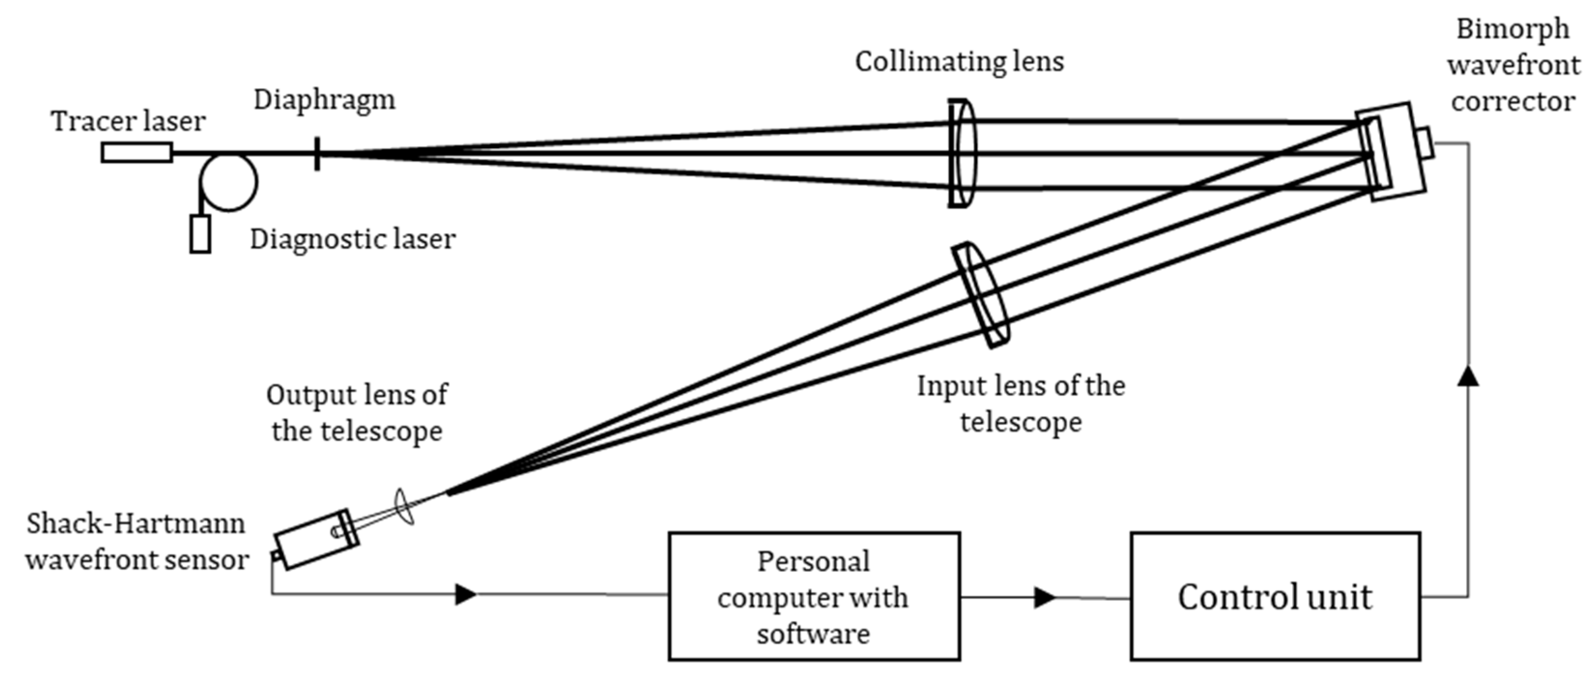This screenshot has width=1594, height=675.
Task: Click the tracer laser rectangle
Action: click(x=137, y=153)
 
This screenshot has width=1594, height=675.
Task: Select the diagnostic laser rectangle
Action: click(x=200, y=234)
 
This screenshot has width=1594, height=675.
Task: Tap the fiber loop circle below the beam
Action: click(x=229, y=183)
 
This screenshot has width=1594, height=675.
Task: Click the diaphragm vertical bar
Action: click(x=317, y=154)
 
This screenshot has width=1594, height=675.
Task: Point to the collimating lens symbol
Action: click(x=962, y=154)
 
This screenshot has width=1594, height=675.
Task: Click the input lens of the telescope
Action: click(x=981, y=295)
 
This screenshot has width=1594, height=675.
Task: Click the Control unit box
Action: click(x=1275, y=596)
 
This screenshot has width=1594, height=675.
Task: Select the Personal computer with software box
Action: click(x=814, y=596)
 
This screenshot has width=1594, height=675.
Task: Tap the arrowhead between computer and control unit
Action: click(x=1044, y=598)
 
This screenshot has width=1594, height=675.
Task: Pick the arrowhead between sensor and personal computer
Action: click(x=465, y=595)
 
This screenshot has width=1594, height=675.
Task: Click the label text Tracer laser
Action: click(x=128, y=121)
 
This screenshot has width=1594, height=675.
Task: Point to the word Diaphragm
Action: click(x=324, y=100)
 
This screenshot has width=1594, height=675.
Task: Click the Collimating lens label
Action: click(x=959, y=62)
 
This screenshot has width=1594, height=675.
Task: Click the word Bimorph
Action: click(x=1512, y=29)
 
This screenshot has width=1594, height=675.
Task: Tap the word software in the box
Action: click(x=813, y=634)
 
